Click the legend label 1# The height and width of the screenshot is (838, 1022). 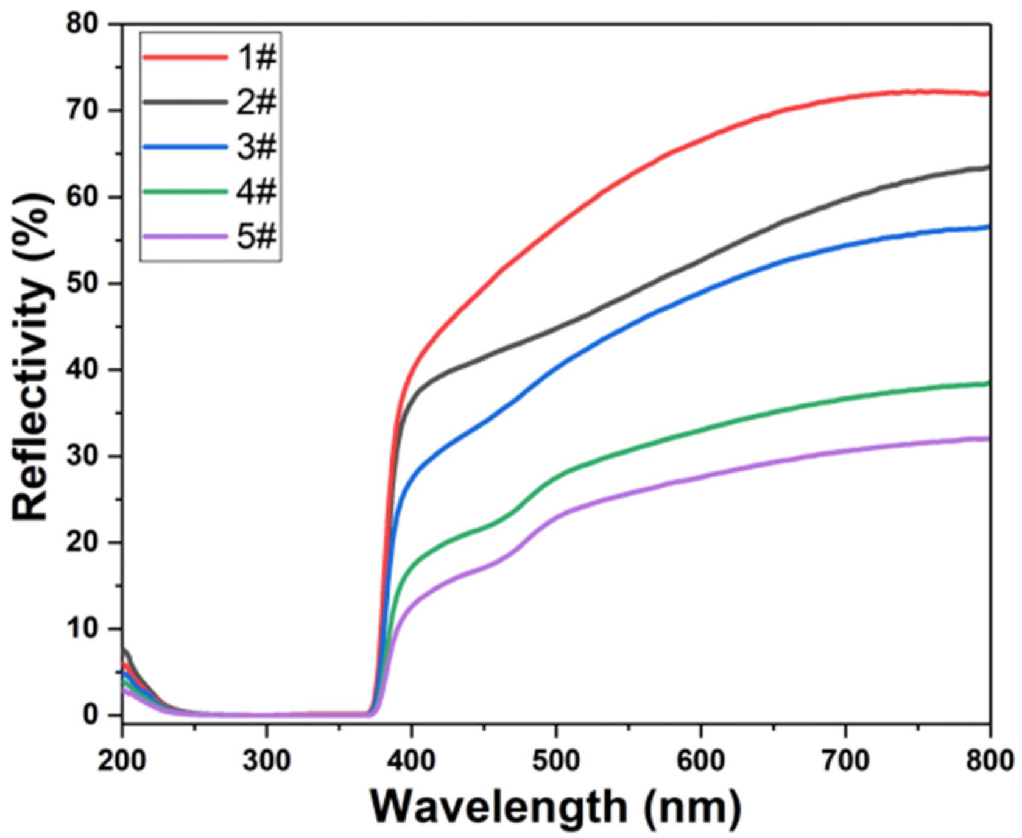[256, 57]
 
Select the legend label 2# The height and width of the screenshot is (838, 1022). [256, 102]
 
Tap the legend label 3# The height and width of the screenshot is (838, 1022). [256, 147]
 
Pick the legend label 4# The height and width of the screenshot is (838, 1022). [256, 191]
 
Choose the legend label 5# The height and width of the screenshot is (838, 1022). [256, 236]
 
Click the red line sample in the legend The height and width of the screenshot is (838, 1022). [185, 57]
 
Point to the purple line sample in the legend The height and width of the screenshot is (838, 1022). [185, 236]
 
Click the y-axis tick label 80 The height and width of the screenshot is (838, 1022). [82, 24]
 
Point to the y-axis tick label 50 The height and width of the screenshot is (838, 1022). [82, 284]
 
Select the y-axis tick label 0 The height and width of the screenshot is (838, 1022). [91, 716]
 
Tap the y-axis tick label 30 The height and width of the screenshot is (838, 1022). [82, 457]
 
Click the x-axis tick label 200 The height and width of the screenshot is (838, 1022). [122, 761]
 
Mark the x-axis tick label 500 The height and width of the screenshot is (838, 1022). [555, 761]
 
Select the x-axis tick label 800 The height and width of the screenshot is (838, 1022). [989, 761]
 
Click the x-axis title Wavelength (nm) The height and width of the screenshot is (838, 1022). [555, 807]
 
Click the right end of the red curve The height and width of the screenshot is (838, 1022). [987, 94]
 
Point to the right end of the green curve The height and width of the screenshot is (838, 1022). [987, 383]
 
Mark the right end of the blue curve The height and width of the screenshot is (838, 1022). [987, 227]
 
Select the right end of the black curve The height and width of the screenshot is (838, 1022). [987, 167]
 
